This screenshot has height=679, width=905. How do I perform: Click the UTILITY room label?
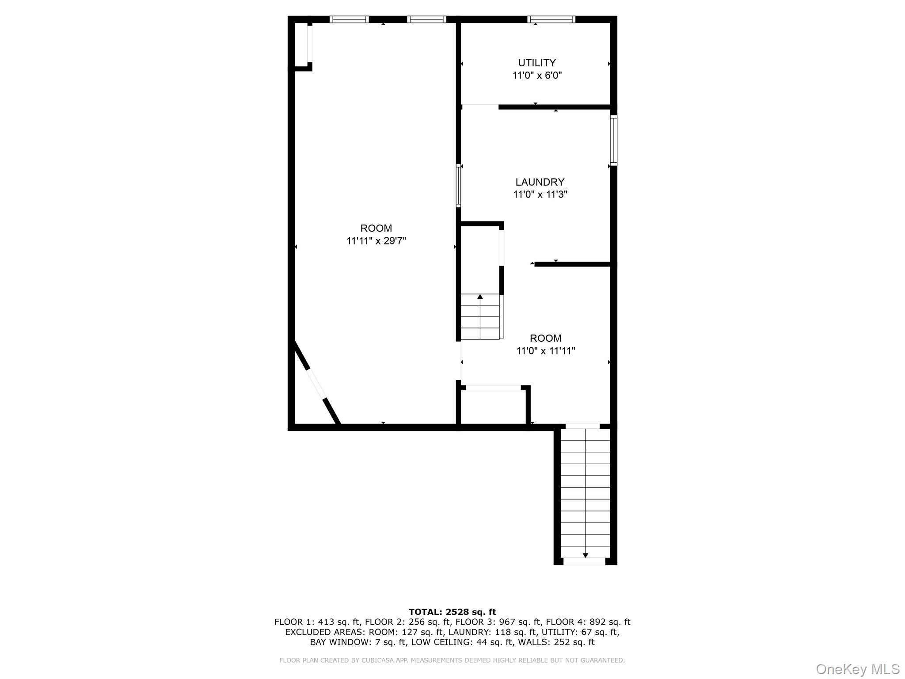point(537,63)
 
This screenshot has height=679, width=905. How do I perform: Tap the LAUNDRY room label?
point(540,182)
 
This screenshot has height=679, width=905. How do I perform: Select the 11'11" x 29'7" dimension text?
point(376,241)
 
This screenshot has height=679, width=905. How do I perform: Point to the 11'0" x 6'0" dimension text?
point(537,76)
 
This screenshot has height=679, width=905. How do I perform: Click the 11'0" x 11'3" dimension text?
point(540,195)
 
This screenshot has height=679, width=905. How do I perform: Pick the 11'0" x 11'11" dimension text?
point(546,351)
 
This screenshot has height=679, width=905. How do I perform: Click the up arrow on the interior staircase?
point(480,297)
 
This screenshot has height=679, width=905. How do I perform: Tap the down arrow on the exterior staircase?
point(586,555)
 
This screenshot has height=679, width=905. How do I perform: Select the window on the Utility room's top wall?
point(551,19)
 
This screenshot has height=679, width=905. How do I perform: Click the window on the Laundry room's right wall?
point(614,140)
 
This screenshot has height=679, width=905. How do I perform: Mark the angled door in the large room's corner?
point(316,382)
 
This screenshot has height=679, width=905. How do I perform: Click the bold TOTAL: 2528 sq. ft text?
point(452,612)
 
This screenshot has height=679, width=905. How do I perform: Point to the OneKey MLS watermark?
point(857,669)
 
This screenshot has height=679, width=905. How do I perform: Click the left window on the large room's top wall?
point(349,19)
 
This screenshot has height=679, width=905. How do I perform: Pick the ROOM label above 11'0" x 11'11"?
point(546,338)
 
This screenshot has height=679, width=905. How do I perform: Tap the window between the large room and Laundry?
point(458,186)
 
